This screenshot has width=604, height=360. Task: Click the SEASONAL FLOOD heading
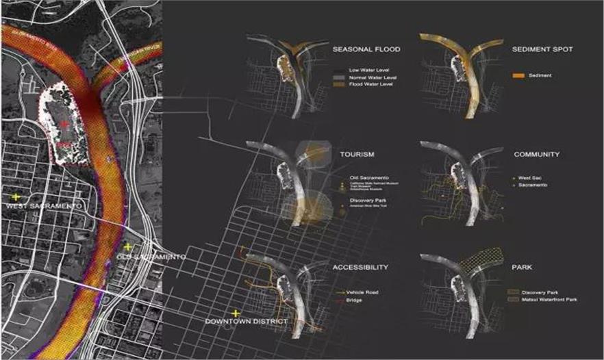(x=366, y=51)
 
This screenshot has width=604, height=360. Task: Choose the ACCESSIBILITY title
(x=360, y=267)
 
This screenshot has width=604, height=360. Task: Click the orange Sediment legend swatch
(x=518, y=75)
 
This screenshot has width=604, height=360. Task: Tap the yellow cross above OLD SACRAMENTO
(x=127, y=246)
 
